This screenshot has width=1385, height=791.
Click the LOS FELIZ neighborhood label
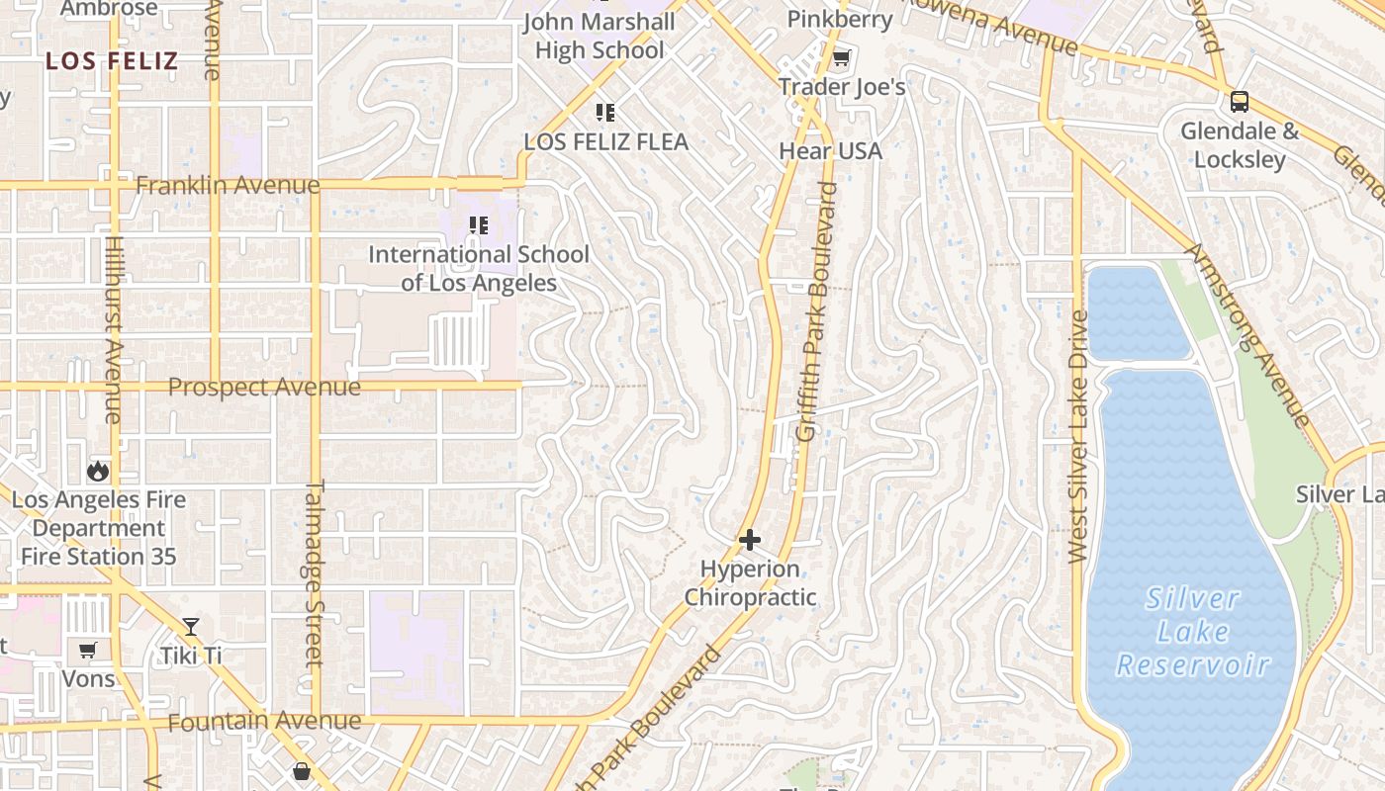pos(112,61)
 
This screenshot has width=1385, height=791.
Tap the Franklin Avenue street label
pos(228,185)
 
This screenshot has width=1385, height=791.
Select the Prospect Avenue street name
pos(264,387)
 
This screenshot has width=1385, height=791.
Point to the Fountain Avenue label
pos(264,722)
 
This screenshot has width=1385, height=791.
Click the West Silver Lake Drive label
pos(1078,436)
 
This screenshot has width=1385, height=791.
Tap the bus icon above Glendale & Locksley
pos(1239,101)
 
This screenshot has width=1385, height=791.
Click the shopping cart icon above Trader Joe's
pos(841,58)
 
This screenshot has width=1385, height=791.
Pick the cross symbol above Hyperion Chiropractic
pos(750,540)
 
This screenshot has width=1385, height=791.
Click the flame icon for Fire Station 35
pos(98,471)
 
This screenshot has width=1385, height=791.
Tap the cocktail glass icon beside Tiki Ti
pos(191,626)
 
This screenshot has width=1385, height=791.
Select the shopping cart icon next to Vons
pos(88,650)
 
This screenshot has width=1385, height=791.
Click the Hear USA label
pos(830,151)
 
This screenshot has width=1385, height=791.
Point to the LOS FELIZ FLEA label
pos(605,141)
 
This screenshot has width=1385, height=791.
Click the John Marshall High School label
pos(600,36)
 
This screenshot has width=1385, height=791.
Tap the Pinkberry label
pos(840,19)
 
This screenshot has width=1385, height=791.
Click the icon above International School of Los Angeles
pos(479,225)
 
